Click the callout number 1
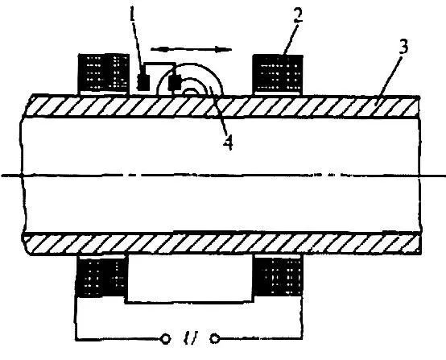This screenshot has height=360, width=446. click(132, 11)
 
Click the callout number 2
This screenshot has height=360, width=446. click(298, 14)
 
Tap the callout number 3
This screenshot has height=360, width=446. click(403, 47)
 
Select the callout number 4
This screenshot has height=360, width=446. click(228, 142)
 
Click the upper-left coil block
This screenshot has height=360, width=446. click(104, 73)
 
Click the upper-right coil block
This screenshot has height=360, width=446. click(278, 74)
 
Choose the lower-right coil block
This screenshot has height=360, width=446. click(279, 276)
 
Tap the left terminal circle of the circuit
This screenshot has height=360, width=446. click(165, 339)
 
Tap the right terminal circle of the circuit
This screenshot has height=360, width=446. click(215, 339)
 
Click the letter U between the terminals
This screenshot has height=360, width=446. click(190, 338)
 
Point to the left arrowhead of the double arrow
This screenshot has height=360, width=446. click(158, 49)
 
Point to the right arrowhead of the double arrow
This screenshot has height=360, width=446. click(224, 49)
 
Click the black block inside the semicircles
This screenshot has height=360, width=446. click(175, 82)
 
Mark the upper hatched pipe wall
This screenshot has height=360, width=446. click(223, 107)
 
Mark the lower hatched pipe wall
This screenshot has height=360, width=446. click(223, 243)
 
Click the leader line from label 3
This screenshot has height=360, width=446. click(390, 77)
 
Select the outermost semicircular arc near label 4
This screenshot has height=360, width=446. click(191, 64)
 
